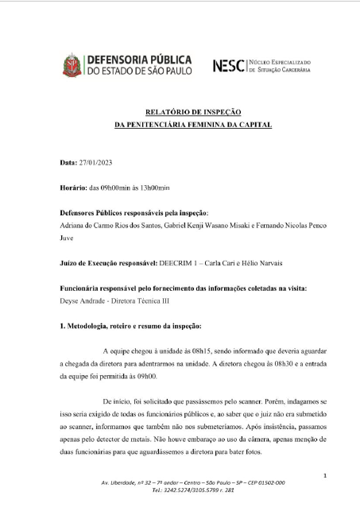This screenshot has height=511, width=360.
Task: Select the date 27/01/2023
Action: tap(95, 163)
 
